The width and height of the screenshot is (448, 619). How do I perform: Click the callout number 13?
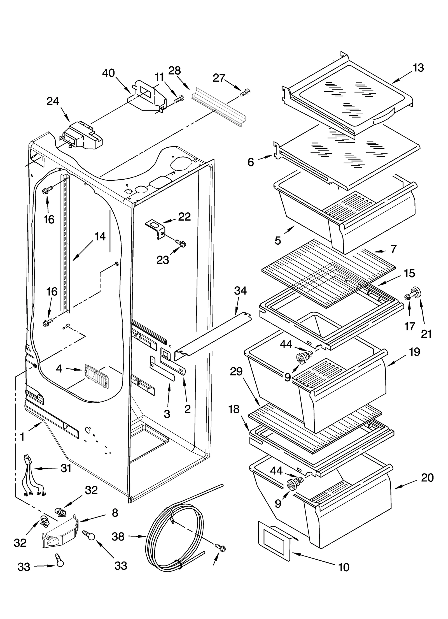click(x=418, y=68)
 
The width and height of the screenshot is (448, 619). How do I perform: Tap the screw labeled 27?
click(x=245, y=93)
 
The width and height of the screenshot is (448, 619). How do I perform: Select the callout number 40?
click(x=109, y=73)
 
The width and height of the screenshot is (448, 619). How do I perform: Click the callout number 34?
click(x=240, y=291)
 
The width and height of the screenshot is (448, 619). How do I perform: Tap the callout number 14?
click(x=100, y=237)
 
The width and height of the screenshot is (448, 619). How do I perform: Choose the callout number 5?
click(x=278, y=240)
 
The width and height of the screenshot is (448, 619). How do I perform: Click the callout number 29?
click(x=236, y=371)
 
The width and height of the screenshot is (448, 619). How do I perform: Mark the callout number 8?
click(x=115, y=513)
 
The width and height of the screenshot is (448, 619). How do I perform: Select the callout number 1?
click(x=22, y=437)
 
